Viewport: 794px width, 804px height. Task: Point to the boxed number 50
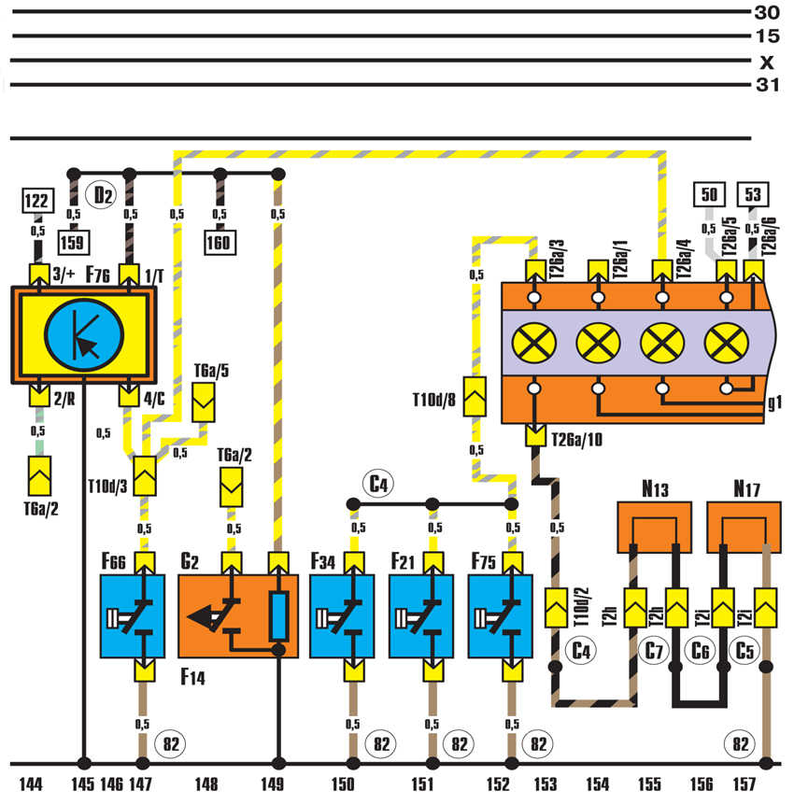pyautogui.click(x=709, y=195)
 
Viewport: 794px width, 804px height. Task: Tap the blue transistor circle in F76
pyautogui.click(x=84, y=333)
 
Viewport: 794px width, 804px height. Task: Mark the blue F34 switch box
pyautogui.click(x=342, y=616)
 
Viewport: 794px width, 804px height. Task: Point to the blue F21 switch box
pyautogui.click(x=420, y=616)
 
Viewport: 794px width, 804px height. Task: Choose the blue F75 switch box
pyautogui.click(x=500, y=616)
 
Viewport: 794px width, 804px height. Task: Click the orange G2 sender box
pyautogui.click(x=238, y=616)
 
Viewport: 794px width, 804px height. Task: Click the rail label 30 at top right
pyautogui.click(x=766, y=12)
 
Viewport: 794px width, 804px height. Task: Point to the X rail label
pyautogui.click(x=767, y=63)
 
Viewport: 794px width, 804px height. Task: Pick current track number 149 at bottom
pyautogui.click(x=276, y=784)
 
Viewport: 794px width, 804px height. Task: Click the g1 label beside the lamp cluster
pyautogui.click(x=774, y=404)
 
